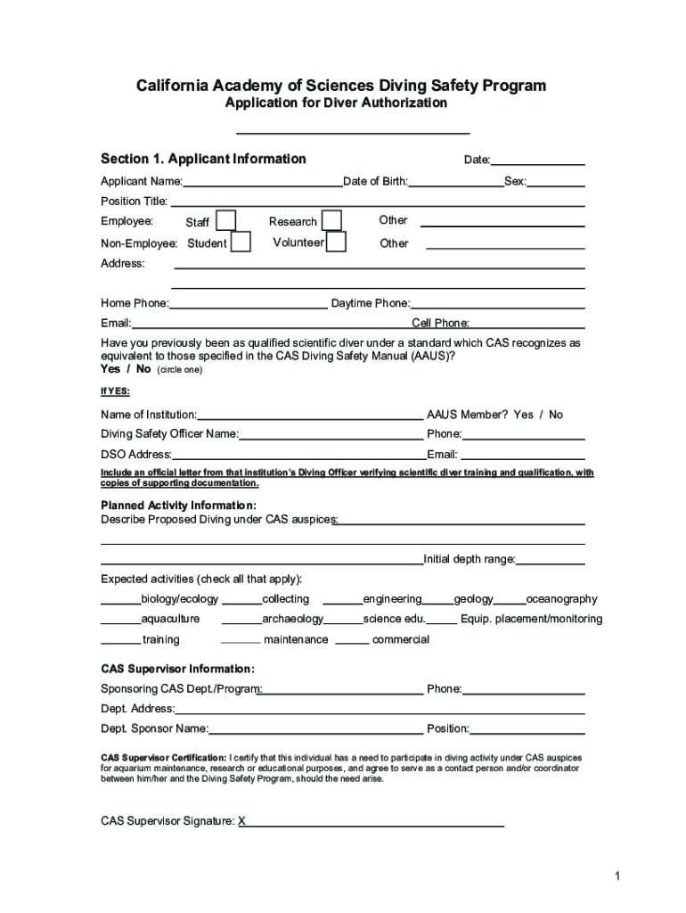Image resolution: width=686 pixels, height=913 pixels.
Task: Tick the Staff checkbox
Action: pyautogui.click(x=226, y=221)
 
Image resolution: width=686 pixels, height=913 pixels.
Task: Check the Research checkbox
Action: pyautogui.click(x=331, y=220)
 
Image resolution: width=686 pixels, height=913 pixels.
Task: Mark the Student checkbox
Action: pyautogui.click(x=241, y=243)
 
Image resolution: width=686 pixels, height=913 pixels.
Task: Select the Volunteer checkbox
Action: pyautogui.click(x=336, y=243)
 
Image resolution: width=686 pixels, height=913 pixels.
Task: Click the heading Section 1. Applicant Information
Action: pyautogui.click(x=203, y=159)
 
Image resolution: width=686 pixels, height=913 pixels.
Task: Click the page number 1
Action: pyautogui.click(x=616, y=876)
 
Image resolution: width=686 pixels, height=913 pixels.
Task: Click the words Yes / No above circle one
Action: pyautogui.click(x=126, y=369)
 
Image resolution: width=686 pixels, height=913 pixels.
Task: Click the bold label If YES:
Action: pyautogui.click(x=115, y=391)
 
